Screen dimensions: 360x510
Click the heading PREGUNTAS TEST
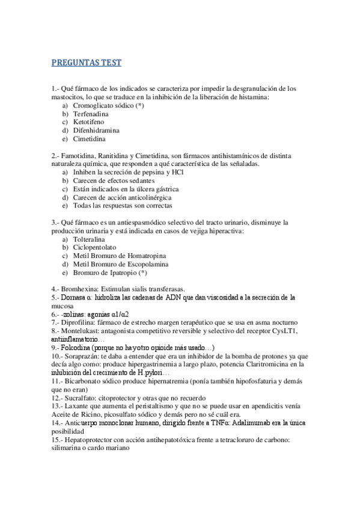[87, 62]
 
